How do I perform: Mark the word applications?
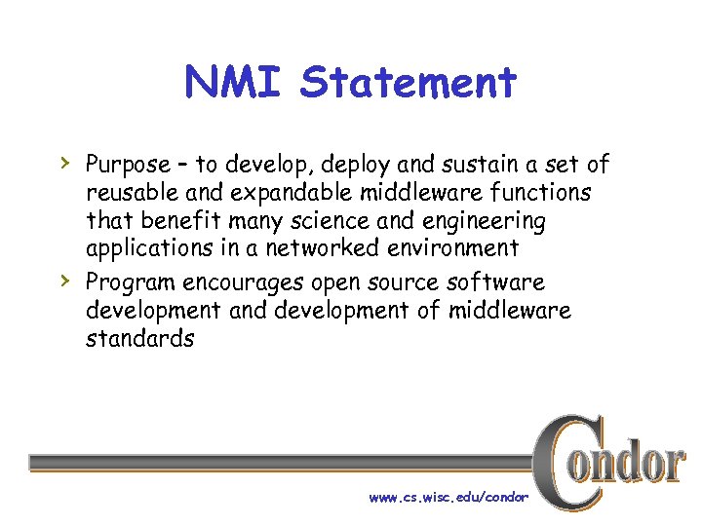click(x=145, y=249)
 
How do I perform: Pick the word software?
click(x=510, y=282)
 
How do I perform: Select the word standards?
click(x=139, y=339)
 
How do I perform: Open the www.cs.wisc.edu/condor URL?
click(x=448, y=497)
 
